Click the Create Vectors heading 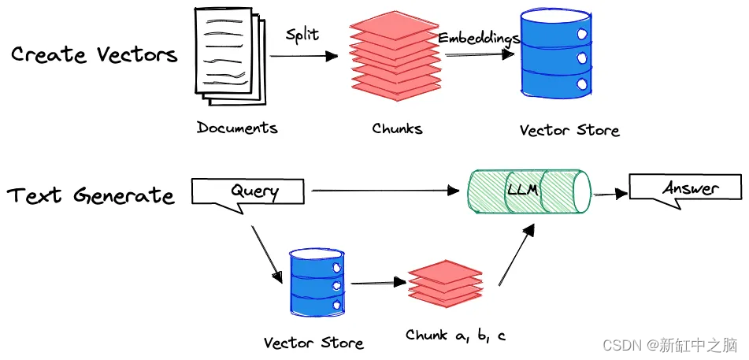(94, 55)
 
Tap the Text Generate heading (91, 195)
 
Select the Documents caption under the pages (237, 128)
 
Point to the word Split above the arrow (302, 35)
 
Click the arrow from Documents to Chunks (303, 57)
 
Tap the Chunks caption (397, 128)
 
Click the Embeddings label (478, 38)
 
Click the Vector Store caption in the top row (569, 130)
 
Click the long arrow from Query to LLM (386, 191)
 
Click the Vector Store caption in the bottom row (313, 343)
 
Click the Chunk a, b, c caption (455, 336)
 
